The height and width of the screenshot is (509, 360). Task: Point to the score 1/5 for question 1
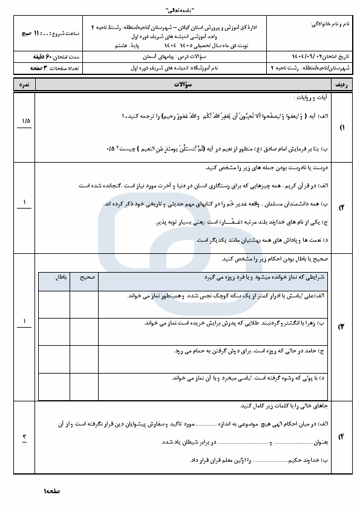click(x=25, y=121)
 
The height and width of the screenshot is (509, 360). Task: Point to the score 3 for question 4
click(x=25, y=436)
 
